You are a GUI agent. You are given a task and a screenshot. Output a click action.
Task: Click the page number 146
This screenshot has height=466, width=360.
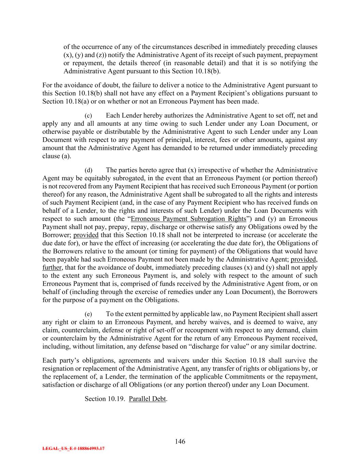coord(180,441)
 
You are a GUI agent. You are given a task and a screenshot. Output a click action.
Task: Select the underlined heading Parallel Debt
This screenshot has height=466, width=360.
coord(147,399)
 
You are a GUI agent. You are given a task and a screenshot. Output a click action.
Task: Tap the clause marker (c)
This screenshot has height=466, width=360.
coord(88,116)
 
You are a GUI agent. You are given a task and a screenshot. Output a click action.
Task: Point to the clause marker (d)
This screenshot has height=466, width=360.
coord(88,170)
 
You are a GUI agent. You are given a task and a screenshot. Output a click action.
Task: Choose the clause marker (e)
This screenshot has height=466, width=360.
coord(88,314)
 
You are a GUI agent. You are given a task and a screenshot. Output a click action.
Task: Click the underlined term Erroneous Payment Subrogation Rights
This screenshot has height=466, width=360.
coord(188,219)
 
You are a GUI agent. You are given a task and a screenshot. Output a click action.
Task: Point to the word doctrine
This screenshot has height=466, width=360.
coord(305,347)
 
